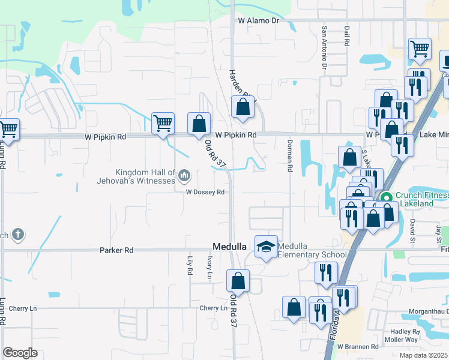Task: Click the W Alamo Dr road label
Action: pyautogui.click(x=259, y=20)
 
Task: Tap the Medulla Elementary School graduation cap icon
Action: pyautogui.click(x=266, y=247)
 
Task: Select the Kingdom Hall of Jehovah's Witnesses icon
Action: pyautogui.click(x=184, y=176)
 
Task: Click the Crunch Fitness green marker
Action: pyautogui.click(x=387, y=196)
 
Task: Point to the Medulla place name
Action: pyautogui.click(x=229, y=247)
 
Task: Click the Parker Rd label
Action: pyautogui.click(x=116, y=250)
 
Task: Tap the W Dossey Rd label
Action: pyautogui.click(x=205, y=192)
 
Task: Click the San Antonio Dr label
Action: pyautogui.click(x=324, y=46)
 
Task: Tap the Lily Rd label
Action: pyautogui.click(x=190, y=266)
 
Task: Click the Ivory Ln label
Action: pyautogui.click(x=209, y=268)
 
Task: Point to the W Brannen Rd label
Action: pyautogui.click(x=358, y=347)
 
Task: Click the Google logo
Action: pyautogui.click(x=20, y=353)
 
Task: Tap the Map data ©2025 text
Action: pyautogui.click(x=423, y=355)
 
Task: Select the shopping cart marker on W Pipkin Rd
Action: pyautogui.click(x=163, y=123)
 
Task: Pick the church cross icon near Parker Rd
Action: pyautogui.click(x=18, y=235)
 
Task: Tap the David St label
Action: pyautogui.click(x=412, y=227)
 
